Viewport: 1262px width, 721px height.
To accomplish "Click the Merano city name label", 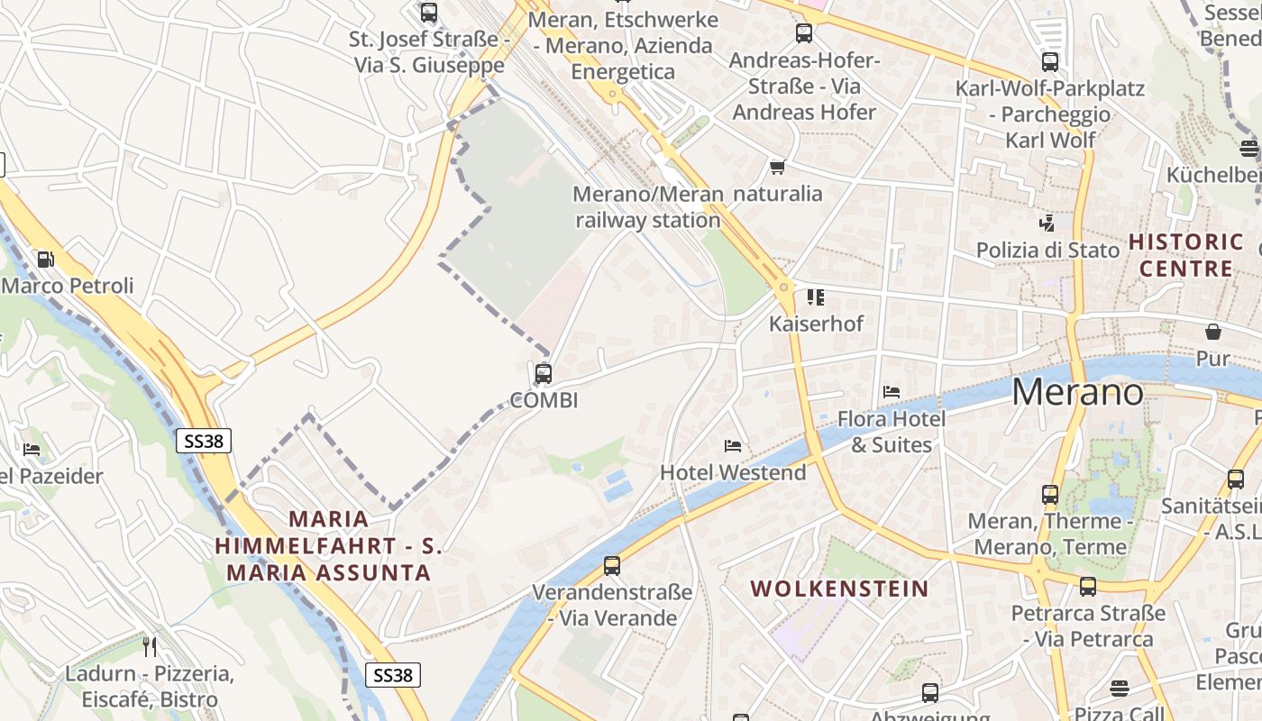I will [x=1078, y=392].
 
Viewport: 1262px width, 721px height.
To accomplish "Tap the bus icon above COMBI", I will [x=543, y=373].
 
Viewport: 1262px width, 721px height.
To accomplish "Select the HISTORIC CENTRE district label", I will [x=1186, y=255].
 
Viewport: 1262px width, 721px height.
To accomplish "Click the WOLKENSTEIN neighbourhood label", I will [x=839, y=589].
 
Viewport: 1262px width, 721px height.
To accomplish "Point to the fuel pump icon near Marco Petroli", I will [x=45, y=260].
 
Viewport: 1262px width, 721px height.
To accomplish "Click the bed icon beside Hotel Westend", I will [x=733, y=446].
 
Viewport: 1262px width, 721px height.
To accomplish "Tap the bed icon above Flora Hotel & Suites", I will [x=892, y=392].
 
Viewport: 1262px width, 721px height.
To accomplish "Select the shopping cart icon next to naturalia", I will [x=777, y=168].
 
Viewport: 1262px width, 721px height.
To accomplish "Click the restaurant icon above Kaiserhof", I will [x=816, y=297].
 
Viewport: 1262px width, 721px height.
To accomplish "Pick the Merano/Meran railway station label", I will [x=648, y=207].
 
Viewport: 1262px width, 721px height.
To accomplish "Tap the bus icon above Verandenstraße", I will [x=612, y=566].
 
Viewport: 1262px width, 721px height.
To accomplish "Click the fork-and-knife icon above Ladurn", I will [x=150, y=646].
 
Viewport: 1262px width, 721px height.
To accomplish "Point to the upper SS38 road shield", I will [x=203, y=441].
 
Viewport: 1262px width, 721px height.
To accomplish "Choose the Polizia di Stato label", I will [x=1047, y=250].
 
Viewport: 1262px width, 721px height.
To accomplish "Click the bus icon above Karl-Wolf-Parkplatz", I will [x=1049, y=62].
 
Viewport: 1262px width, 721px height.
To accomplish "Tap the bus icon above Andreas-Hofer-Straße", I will [x=803, y=33].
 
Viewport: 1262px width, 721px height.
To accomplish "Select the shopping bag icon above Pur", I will [x=1213, y=332].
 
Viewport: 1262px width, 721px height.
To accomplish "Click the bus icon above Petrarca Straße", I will [x=1088, y=587].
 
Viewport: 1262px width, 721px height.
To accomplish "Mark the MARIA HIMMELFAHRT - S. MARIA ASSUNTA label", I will [x=329, y=545].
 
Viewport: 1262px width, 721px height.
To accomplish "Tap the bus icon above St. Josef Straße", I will [x=429, y=13].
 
